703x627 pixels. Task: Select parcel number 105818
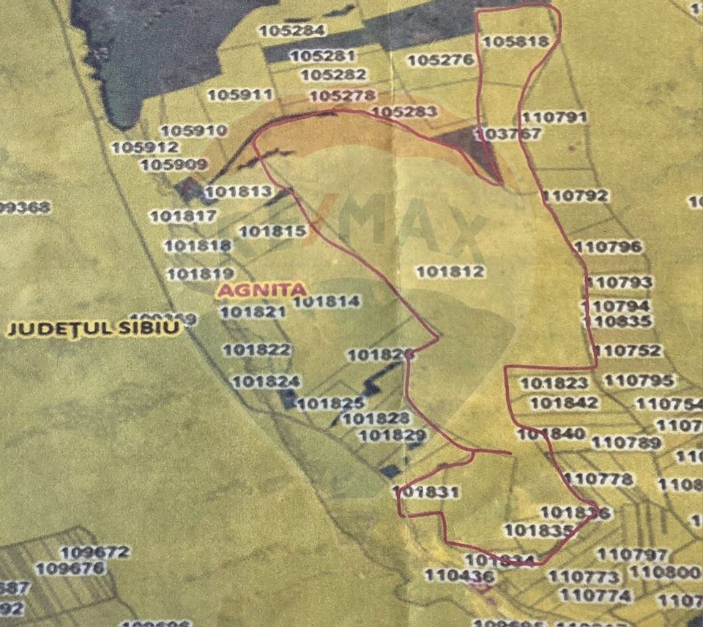tap(516, 42)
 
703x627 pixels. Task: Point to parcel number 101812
tap(451, 271)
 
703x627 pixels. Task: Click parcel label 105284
tap(291, 31)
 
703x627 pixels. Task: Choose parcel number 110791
tap(556, 117)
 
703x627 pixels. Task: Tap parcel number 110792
tap(576, 195)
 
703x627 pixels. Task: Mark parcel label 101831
tap(427, 492)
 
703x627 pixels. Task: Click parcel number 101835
tap(539, 530)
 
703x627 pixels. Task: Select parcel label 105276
tap(441, 60)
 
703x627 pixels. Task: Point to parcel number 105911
tap(239, 94)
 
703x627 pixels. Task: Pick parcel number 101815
tap(272, 231)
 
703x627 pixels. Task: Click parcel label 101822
tap(256, 350)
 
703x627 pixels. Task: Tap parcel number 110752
tap(628, 350)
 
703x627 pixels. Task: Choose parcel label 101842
tap(564, 402)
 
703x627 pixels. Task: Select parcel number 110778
tap(599, 479)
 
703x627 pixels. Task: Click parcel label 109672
tap(95, 552)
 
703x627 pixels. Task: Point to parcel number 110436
tap(460, 577)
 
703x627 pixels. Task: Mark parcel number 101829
tap(393, 436)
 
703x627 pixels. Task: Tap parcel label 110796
tap(608, 247)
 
